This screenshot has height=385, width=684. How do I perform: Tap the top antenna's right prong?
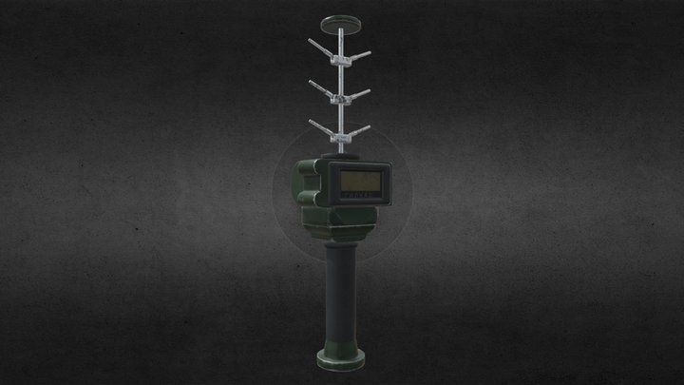coord(365,48)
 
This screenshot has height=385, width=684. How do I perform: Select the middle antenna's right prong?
coord(365,87)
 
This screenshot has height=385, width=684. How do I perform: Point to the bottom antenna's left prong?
coord(318,125)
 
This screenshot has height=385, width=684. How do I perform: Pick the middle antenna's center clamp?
coord(341,97)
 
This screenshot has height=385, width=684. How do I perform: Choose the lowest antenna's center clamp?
coord(341,136)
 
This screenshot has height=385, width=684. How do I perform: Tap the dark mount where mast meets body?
coord(341,152)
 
